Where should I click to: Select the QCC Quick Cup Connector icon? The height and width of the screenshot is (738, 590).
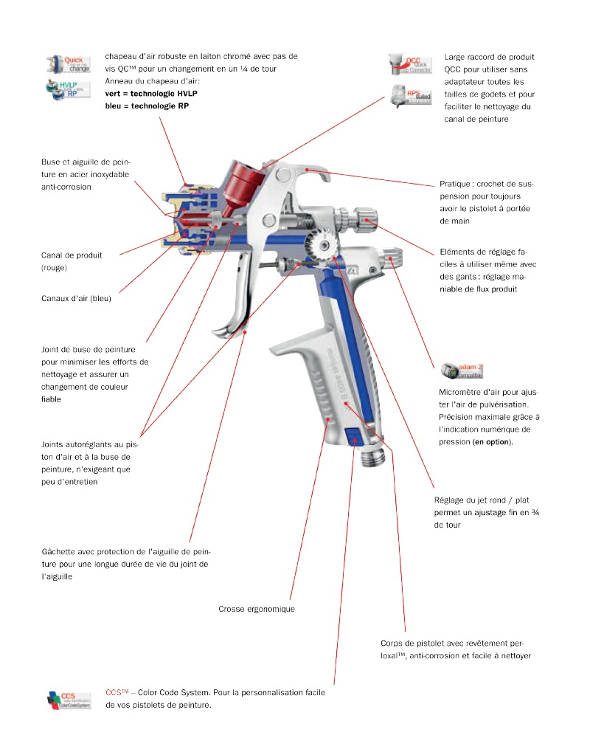(x=410, y=64)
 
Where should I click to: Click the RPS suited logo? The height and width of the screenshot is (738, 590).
(x=410, y=94)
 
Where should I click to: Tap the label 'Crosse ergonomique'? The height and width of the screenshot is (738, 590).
(x=257, y=609)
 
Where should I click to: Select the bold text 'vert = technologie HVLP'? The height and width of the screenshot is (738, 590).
(x=151, y=94)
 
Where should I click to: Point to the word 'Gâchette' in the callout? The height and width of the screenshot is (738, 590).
(x=60, y=551)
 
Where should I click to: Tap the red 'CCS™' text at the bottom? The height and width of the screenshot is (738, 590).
(x=116, y=692)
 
